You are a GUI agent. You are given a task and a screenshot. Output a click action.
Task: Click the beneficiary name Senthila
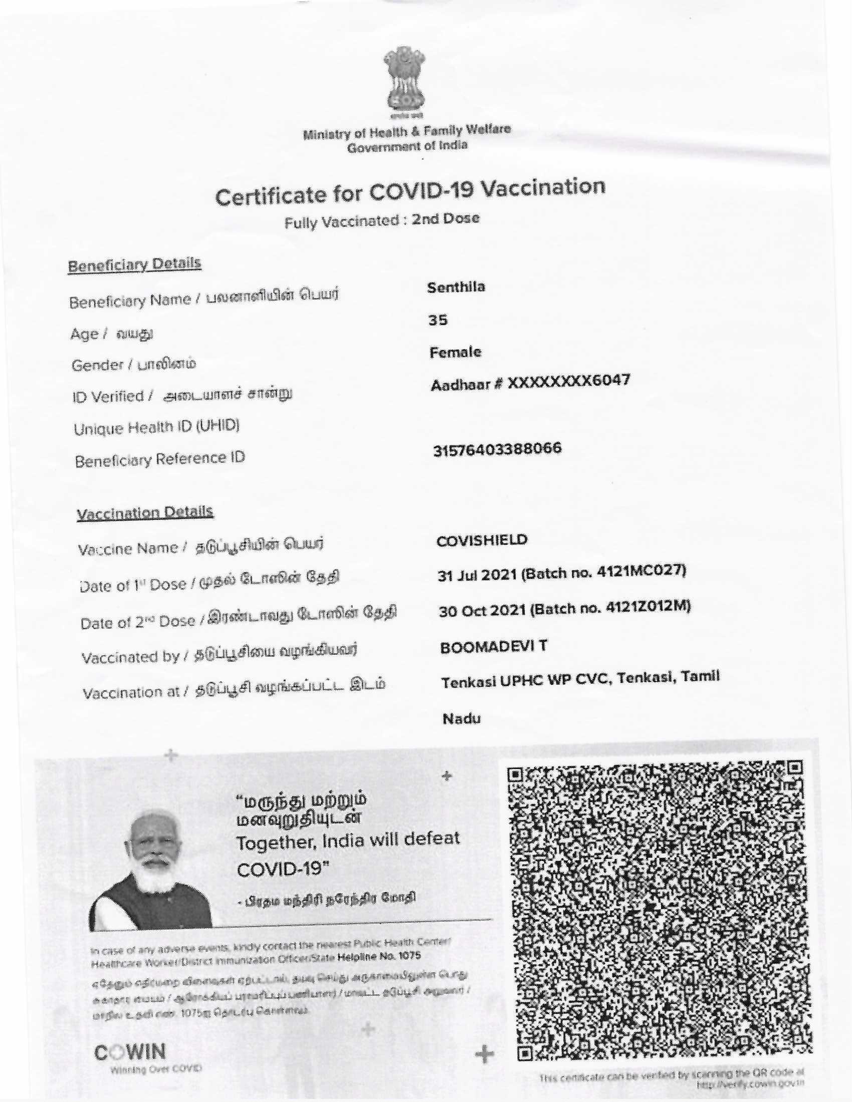[x=456, y=287]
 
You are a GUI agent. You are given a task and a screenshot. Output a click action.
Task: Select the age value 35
[x=438, y=320]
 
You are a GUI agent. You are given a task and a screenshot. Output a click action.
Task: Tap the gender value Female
[x=455, y=352]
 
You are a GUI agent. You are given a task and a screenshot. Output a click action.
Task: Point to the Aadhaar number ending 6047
[x=530, y=383]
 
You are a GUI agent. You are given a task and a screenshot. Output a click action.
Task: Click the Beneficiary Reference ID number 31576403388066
[x=497, y=449]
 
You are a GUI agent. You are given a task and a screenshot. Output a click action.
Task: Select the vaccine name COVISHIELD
[x=482, y=540]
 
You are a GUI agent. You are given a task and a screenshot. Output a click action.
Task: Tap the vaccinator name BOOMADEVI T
[x=494, y=647]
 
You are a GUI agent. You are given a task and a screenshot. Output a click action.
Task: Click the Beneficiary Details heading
[x=134, y=264]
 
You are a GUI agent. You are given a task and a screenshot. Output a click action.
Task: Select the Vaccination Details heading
[x=145, y=513]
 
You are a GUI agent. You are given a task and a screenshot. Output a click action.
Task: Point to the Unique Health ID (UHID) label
[x=156, y=428]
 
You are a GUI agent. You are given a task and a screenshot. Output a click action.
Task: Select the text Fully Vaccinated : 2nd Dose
[x=381, y=220]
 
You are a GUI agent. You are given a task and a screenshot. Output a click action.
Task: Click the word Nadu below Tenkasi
[x=461, y=718]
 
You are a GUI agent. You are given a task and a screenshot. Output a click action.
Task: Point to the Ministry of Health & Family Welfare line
[x=407, y=132]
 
